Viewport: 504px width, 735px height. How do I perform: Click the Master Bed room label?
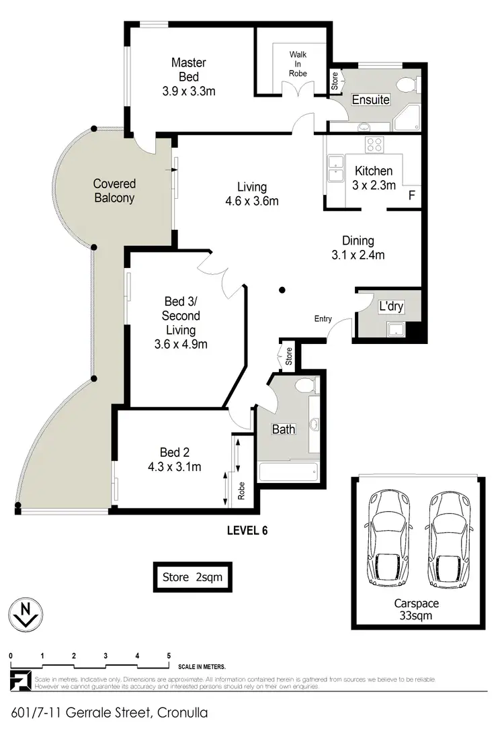[x=188, y=76]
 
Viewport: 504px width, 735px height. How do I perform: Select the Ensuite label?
[x=371, y=100]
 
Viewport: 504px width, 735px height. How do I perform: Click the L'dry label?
[x=390, y=306]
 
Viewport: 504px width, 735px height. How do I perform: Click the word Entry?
[x=322, y=319]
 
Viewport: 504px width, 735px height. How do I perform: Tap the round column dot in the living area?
[x=283, y=290]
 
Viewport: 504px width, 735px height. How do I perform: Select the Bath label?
[x=283, y=429]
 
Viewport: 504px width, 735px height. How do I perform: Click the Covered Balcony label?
[x=114, y=191]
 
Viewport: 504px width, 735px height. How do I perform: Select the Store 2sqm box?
[x=192, y=576]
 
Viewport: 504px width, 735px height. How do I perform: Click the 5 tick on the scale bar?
[x=169, y=656]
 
